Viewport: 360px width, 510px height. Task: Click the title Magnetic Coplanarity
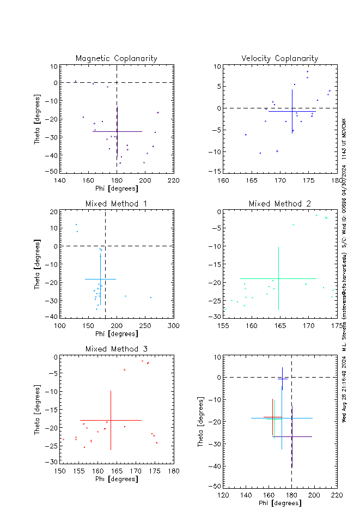coord(116,58)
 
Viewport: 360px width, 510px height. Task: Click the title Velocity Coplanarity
coord(280,58)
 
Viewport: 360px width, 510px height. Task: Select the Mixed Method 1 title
coord(116,204)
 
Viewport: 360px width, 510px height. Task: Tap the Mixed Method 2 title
coord(280,204)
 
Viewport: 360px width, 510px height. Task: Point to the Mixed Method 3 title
coord(116,349)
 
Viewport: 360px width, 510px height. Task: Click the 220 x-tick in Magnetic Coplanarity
coord(173,181)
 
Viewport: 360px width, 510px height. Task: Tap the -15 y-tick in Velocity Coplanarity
coord(216,171)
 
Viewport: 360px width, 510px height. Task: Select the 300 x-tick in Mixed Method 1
coord(173,326)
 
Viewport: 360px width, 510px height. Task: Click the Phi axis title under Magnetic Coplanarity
coord(116,189)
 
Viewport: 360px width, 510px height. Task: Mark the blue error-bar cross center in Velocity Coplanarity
coord(292,111)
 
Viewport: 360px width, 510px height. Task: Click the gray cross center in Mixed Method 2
coord(278,278)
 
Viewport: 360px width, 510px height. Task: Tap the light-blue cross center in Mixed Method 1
coord(100,279)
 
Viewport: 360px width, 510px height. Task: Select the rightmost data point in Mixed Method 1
coord(151,297)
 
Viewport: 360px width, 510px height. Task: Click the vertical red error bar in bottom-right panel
coord(273,417)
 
